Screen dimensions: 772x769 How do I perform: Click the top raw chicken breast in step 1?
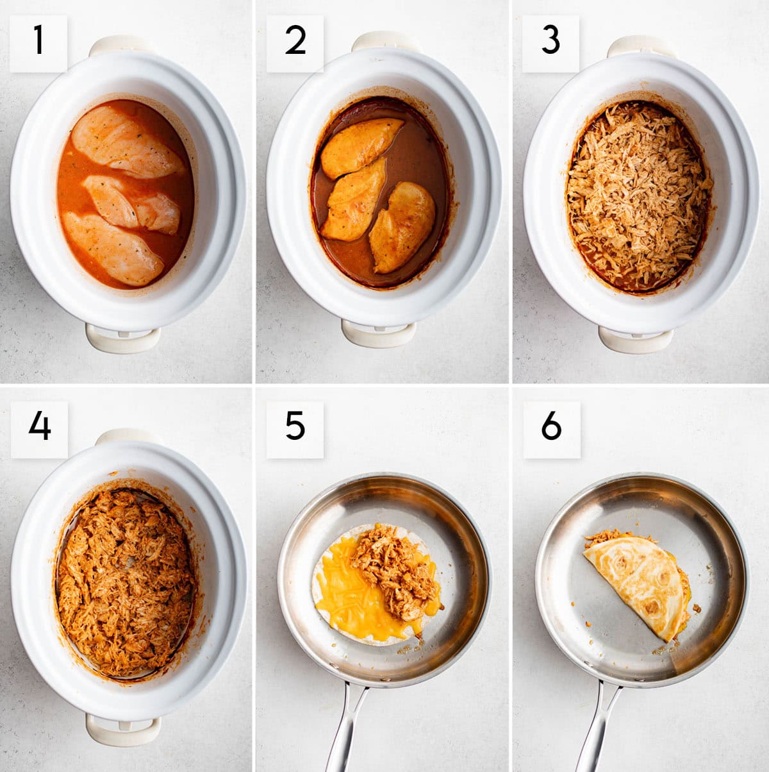126,141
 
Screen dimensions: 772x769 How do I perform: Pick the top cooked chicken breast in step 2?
361,146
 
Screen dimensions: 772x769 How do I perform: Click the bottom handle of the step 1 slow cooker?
123,339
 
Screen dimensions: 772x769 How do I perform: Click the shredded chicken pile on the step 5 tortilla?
394,564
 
